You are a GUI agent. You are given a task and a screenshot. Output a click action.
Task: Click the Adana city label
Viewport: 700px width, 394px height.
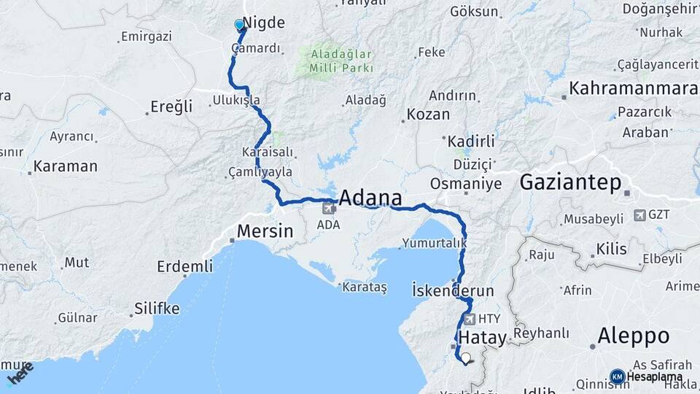pos(371,198)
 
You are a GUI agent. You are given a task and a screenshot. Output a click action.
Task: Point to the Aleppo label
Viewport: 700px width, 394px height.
pos(633,336)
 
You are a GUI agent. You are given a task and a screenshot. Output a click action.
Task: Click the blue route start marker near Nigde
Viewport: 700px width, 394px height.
pos(239,26)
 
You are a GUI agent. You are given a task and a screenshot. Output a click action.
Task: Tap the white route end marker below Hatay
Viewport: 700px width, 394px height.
pos(465,358)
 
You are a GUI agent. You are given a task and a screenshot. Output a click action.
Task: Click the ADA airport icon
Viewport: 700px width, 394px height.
pos(328,209)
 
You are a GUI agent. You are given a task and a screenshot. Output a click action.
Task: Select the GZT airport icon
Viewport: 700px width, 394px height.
pos(639,215)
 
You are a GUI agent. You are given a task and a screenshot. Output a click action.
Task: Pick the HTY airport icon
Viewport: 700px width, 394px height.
pos(468,319)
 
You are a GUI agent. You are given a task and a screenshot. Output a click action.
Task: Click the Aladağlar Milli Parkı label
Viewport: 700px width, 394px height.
pos(341,61)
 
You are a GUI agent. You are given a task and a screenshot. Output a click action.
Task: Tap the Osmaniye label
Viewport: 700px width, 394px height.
pos(466,184)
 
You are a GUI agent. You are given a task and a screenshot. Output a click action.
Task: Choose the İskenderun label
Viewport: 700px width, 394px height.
pos(453,290)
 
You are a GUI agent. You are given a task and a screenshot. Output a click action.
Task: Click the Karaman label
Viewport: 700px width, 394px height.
pos(66,166)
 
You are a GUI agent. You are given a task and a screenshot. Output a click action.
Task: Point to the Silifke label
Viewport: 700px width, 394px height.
pos(156,309)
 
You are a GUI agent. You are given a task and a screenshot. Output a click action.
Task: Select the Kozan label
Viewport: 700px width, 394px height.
pos(428,115)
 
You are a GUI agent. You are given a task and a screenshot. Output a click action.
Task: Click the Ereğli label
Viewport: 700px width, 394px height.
pos(171,107)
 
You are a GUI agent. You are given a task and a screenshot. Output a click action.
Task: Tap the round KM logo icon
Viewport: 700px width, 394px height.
pos(618,376)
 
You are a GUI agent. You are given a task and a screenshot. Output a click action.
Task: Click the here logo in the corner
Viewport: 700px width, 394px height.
pos(20,374)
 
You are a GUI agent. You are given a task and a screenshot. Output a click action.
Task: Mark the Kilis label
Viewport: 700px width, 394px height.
pos(611,250)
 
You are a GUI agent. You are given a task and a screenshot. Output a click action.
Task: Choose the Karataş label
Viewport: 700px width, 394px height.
pos(364,287)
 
